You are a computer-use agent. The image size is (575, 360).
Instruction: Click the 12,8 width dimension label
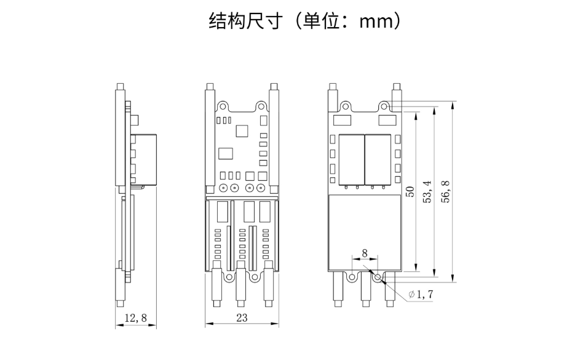(135, 318)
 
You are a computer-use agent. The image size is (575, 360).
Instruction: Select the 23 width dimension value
(240, 318)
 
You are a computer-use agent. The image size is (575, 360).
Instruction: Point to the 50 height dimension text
(410, 192)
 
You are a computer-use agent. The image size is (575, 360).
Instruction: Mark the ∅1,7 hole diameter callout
(421, 295)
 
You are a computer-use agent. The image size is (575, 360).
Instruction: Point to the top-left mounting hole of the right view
(346, 106)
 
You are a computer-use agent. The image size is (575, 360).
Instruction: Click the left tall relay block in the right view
(352, 158)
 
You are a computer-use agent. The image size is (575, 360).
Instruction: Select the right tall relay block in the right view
(378, 158)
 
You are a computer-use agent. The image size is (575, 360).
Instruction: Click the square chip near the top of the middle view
(241, 130)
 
